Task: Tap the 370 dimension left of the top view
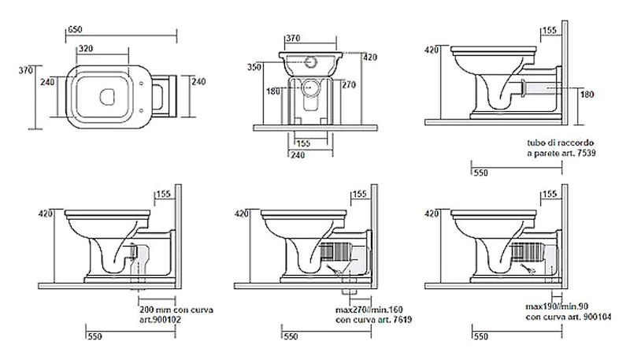[x=24, y=71]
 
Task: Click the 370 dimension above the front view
[x=292, y=37]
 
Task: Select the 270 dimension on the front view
[x=349, y=84]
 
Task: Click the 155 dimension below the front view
[x=302, y=143]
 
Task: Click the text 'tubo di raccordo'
[x=554, y=143]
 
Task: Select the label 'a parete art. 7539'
[x=558, y=152]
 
